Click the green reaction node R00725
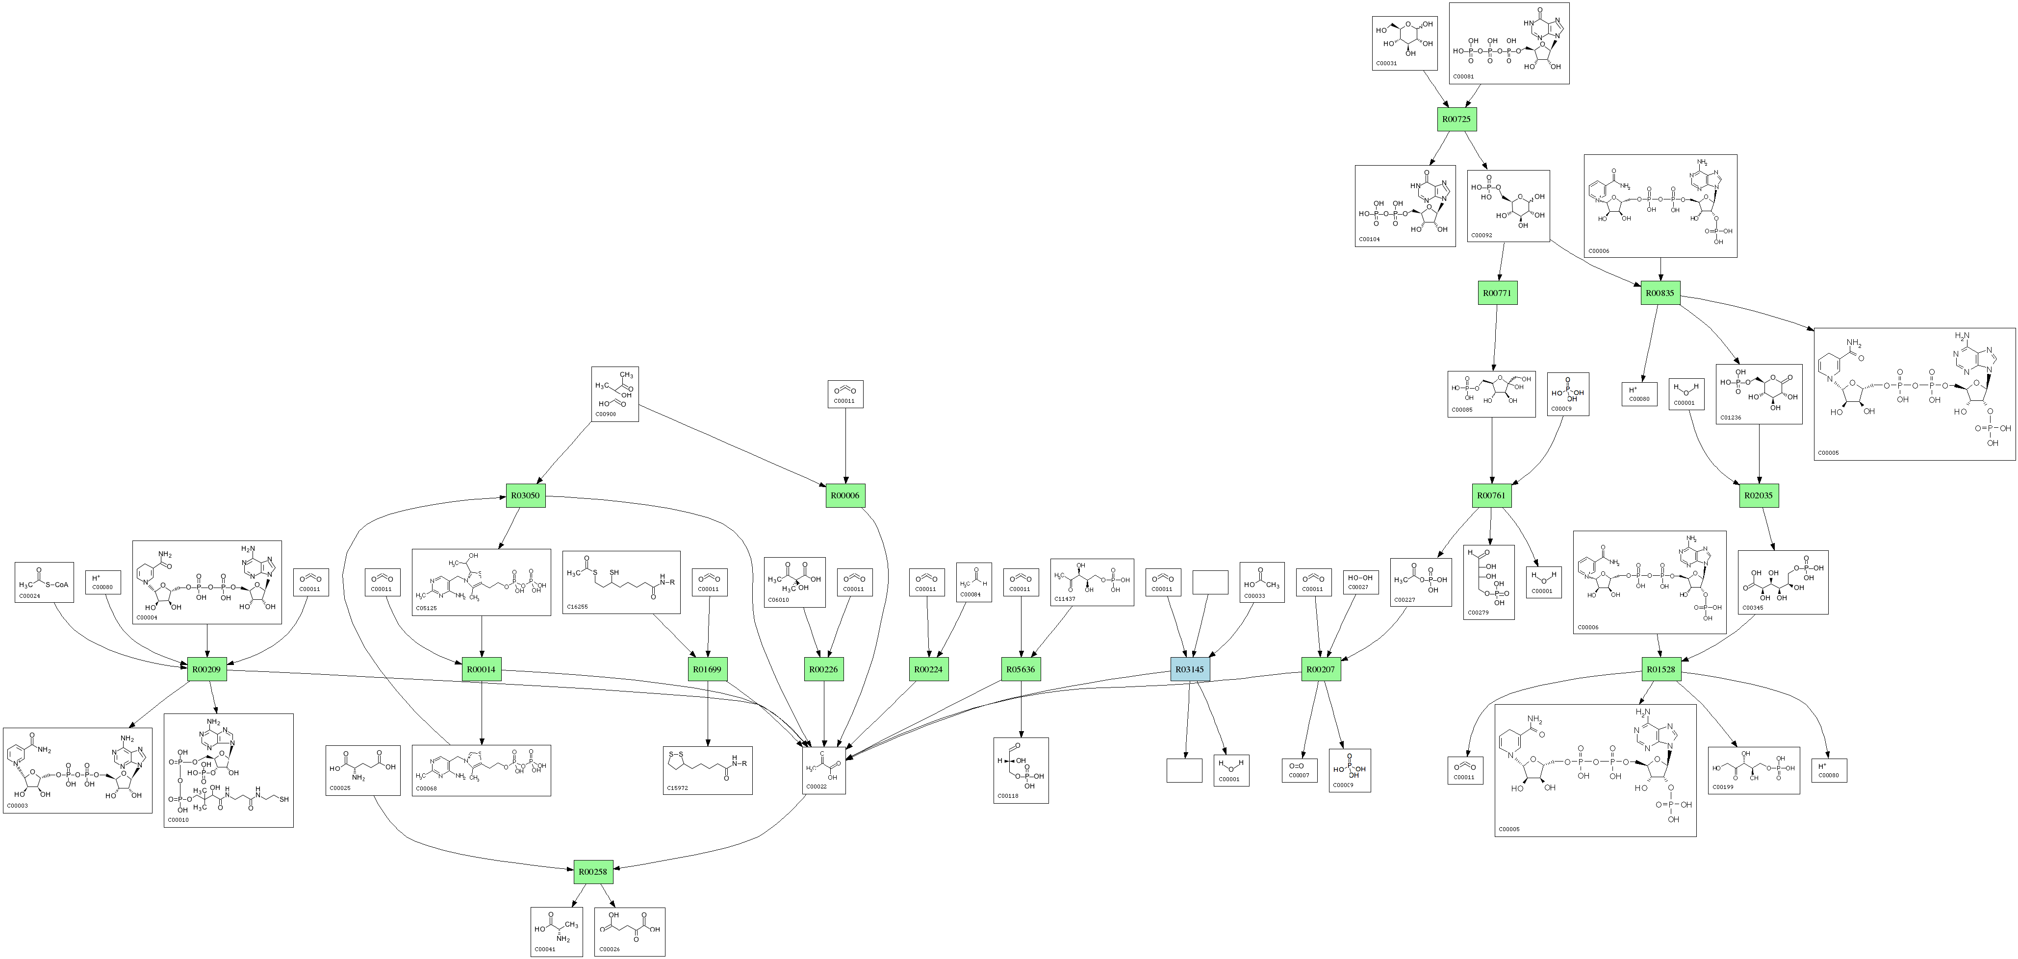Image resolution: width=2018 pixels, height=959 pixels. tap(1457, 119)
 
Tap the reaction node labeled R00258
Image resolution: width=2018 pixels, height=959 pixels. tap(593, 871)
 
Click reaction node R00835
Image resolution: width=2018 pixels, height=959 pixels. tap(1660, 294)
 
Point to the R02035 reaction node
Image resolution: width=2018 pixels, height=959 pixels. tap(1759, 495)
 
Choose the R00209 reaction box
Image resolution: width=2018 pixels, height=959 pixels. tap(207, 669)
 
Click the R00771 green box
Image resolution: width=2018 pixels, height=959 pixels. tap(1497, 294)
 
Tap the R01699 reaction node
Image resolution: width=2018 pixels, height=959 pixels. tap(707, 669)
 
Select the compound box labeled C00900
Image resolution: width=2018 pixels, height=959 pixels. tap(615, 394)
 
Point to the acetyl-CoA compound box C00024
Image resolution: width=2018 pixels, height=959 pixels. tap(44, 582)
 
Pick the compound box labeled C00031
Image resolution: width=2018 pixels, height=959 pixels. tap(1405, 43)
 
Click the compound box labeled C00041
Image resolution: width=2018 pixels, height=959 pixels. tap(556, 932)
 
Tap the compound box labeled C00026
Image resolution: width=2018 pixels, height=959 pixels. tap(630, 932)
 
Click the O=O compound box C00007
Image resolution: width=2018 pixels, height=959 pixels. tap(1299, 770)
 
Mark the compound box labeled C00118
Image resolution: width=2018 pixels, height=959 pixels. tap(1021, 770)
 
